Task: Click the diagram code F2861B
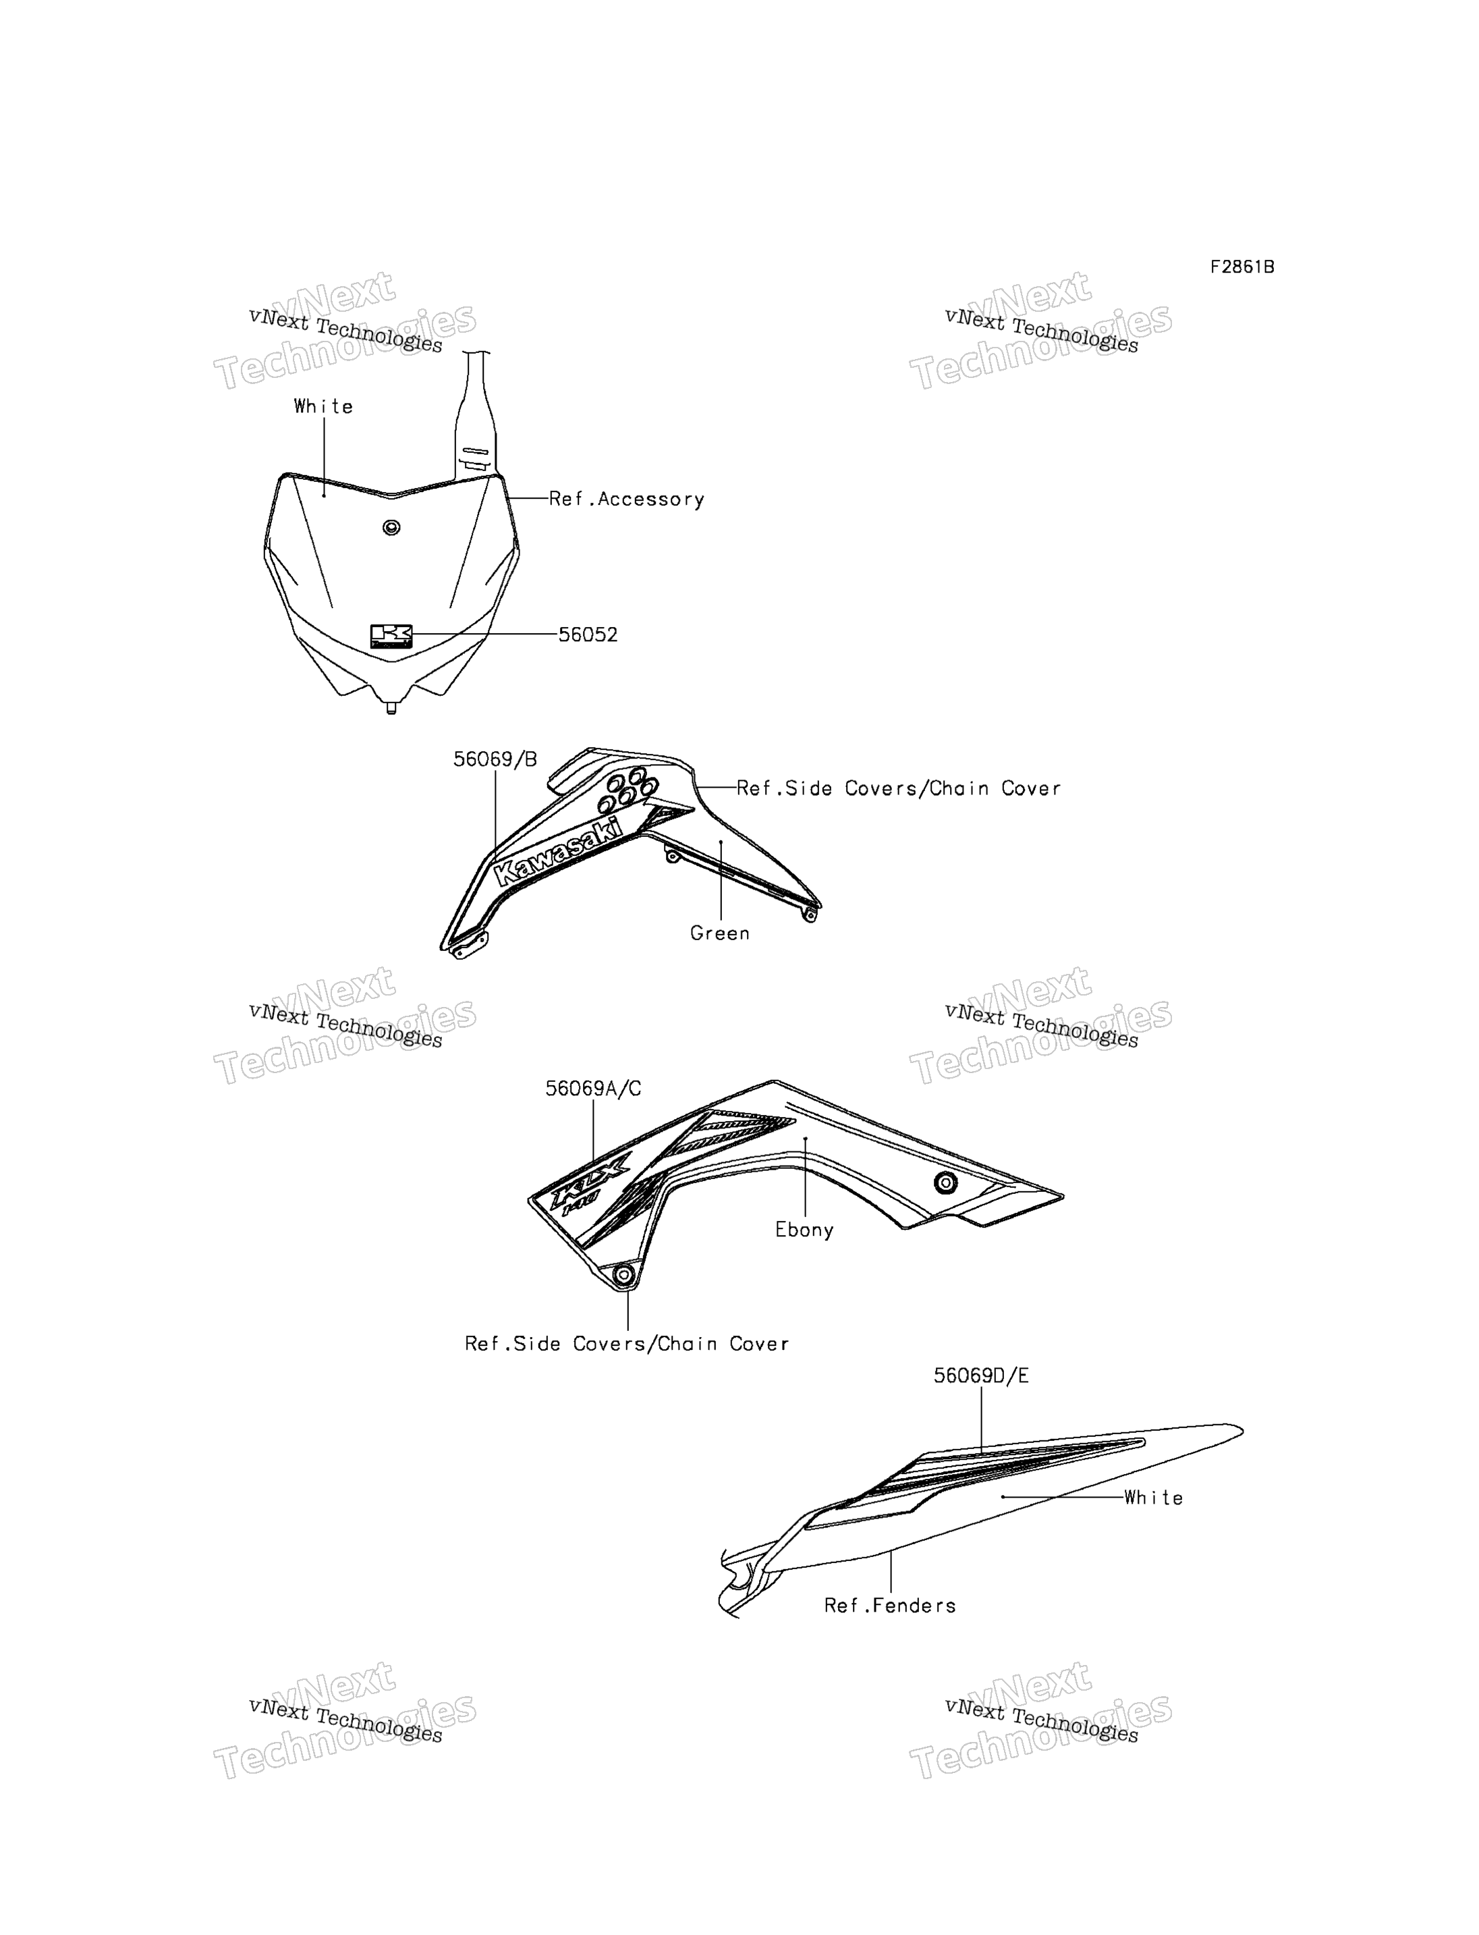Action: [x=1241, y=267]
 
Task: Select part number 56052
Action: [x=588, y=634]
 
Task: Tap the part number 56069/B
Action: [x=495, y=759]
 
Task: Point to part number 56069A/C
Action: [x=593, y=1089]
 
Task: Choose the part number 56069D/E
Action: [x=981, y=1375]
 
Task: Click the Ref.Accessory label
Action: [x=627, y=499]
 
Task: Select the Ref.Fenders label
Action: [x=890, y=1606]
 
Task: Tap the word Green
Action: [x=720, y=933]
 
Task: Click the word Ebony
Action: [x=805, y=1230]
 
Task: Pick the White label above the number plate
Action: [x=323, y=406]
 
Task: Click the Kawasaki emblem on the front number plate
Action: [x=391, y=636]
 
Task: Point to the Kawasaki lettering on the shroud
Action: [x=558, y=852]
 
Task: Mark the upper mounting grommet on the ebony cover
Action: [x=945, y=1183]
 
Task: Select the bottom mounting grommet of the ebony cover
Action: [x=624, y=1274]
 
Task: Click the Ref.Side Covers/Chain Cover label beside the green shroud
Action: [x=899, y=788]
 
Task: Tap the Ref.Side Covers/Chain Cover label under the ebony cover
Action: [x=627, y=1343]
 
